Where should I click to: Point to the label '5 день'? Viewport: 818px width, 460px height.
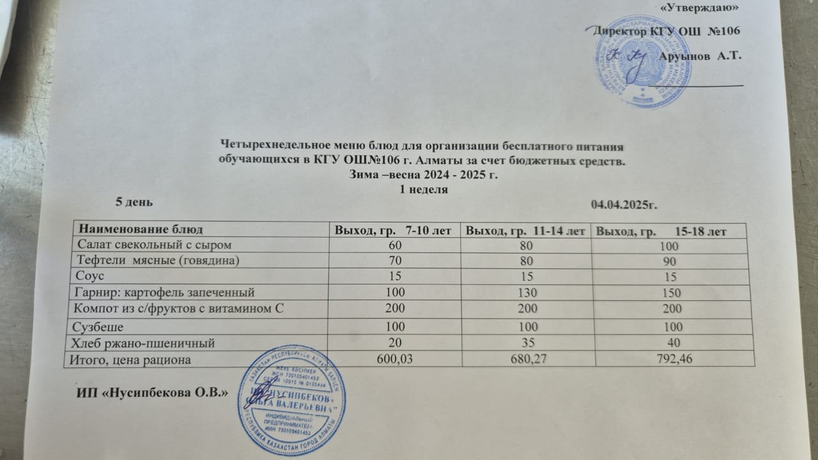133,202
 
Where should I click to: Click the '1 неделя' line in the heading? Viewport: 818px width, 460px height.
422,190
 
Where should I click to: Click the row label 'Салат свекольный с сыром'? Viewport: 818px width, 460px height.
152,244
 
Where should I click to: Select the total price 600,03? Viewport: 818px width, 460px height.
394,360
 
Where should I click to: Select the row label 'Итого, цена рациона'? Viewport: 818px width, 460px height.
132,360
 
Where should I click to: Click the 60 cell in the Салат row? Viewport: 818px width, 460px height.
394,245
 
